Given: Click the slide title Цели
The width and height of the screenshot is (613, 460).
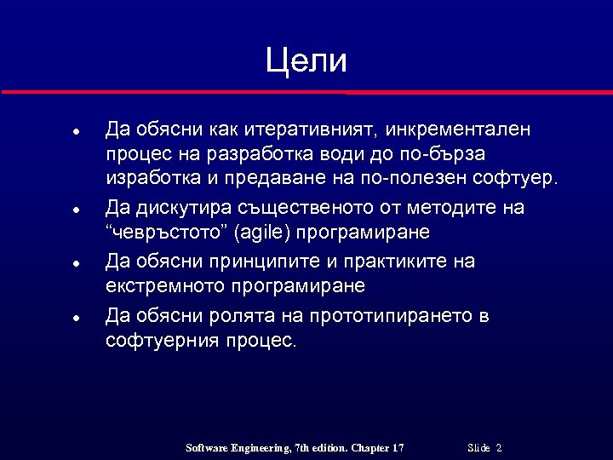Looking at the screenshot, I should pos(306,61).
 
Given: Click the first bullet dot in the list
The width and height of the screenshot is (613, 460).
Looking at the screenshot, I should pos(76,134).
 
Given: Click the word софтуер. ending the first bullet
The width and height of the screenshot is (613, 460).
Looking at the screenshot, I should pos(520,179).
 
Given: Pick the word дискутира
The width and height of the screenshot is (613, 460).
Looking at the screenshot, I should pos(177,208).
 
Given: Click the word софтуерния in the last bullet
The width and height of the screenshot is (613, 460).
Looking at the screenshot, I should pos(163,341).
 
